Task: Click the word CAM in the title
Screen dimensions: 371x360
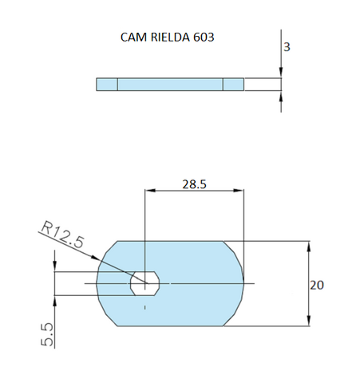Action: tap(133, 37)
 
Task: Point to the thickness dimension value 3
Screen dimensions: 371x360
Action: tap(287, 47)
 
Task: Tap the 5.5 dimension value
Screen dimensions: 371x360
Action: tap(48, 333)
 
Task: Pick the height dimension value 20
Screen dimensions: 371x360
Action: tap(318, 284)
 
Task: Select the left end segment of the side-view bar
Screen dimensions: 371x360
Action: tap(107, 85)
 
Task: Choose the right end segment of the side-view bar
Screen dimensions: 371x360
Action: tap(233, 85)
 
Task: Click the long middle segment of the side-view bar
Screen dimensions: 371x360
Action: tap(170, 85)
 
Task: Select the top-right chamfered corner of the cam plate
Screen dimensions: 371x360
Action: tap(232, 247)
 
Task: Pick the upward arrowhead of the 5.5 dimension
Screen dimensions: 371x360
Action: tap(54, 299)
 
